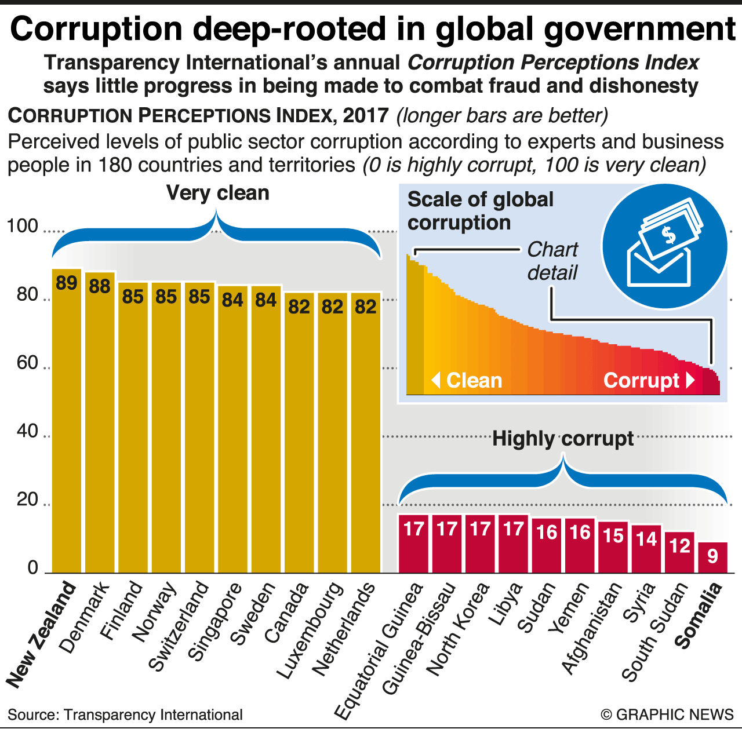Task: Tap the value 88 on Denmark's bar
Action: click(100, 286)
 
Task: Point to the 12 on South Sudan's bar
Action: click(679, 546)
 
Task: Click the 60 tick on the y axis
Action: click(27, 363)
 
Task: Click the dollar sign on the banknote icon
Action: click(669, 235)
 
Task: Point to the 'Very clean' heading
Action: click(217, 193)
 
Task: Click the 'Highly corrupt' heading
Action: click(563, 439)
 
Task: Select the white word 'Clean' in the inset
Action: click(474, 381)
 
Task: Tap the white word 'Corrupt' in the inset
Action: click(641, 381)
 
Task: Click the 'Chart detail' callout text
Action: click(552, 261)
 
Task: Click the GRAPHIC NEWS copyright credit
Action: click(667, 715)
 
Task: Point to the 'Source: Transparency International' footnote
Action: click(125, 715)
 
